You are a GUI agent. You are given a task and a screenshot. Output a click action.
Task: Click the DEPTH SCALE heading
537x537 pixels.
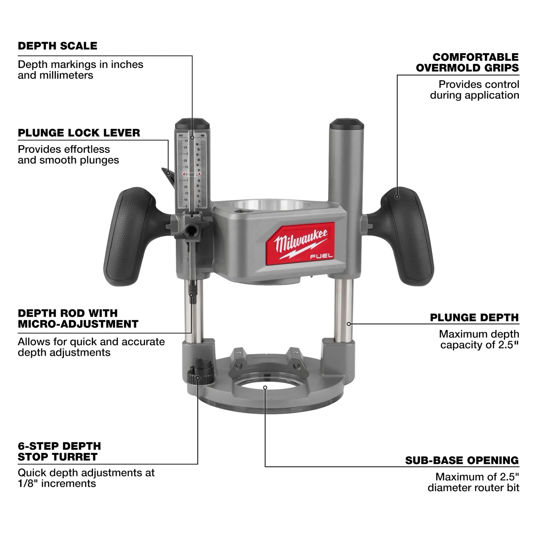(x=58, y=46)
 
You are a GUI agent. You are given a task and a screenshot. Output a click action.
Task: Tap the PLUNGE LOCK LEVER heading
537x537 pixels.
(x=79, y=133)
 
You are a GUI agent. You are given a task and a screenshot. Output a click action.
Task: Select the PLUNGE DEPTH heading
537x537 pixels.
(x=474, y=317)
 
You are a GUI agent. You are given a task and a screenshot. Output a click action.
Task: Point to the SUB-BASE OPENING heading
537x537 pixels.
(x=462, y=460)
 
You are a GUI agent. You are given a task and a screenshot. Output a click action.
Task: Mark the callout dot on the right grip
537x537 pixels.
(x=397, y=196)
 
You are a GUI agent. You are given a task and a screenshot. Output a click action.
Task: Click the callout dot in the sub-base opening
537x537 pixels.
(x=265, y=387)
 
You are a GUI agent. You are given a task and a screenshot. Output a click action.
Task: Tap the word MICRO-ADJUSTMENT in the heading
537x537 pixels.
(x=78, y=324)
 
